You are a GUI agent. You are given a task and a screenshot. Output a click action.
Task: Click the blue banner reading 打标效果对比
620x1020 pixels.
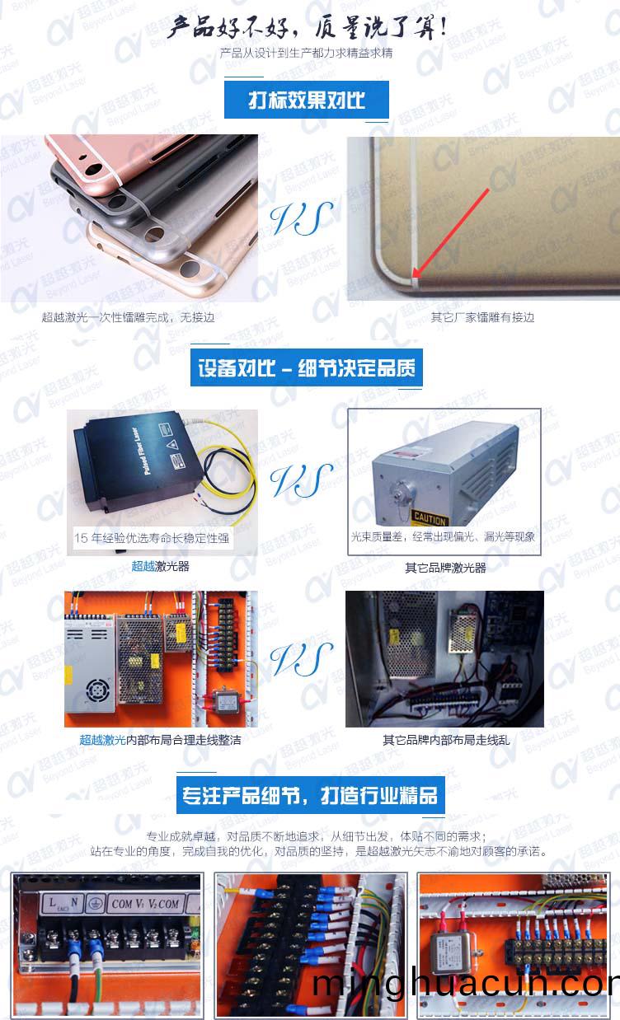click(x=307, y=101)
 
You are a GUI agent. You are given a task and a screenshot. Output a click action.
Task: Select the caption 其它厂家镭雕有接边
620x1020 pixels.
click(x=482, y=317)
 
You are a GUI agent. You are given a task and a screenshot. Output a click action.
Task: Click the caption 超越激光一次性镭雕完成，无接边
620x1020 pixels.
click(x=128, y=317)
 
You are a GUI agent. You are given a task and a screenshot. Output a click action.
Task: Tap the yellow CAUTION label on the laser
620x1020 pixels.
click(x=430, y=520)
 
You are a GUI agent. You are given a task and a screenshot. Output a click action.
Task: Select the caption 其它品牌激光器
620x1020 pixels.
click(x=445, y=568)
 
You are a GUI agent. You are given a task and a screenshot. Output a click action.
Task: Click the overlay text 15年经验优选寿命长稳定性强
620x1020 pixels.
click(x=152, y=539)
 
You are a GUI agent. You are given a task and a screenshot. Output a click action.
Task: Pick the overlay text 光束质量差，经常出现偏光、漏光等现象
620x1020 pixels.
click(x=443, y=537)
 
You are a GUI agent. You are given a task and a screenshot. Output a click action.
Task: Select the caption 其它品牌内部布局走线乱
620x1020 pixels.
click(x=446, y=740)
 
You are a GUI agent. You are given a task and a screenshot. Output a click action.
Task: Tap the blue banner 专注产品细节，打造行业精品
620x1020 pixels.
click(x=310, y=796)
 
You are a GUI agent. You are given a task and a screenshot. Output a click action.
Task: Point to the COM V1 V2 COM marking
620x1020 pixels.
click(x=145, y=904)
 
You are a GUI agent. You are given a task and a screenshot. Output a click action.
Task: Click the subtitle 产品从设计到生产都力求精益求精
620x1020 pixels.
click(x=307, y=54)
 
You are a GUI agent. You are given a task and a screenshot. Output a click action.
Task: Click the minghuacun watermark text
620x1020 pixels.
click(x=466, y=985)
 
